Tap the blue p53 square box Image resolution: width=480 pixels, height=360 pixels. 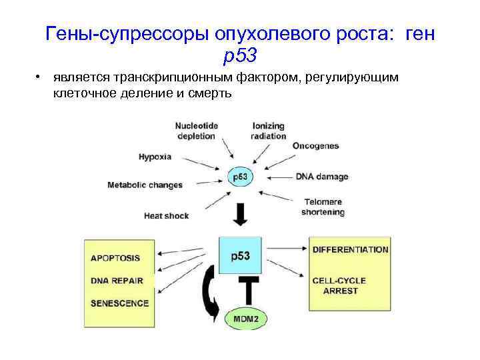[x=240, y=255]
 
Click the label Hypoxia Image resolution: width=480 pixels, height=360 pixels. [x=155, y=157]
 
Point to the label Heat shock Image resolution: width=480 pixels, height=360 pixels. [x=166, y=215]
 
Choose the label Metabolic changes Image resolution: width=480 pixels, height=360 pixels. [x=145, y=185]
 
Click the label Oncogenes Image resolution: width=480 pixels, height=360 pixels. [x=315, y=146]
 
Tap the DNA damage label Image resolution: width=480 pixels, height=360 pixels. [x=322, y=177]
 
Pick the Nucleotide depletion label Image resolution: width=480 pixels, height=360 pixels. [x=196, y=131]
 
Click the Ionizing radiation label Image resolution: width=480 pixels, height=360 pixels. [x=269, y=131]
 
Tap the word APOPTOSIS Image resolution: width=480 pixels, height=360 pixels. [x=115, y=257]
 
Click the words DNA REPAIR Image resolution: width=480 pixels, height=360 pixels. [x=117, y=280]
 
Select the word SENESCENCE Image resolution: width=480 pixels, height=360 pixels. [x=119, y=303]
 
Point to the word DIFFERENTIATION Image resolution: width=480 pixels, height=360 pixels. [x=350, y=249]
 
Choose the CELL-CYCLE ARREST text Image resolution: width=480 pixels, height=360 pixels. [x=339, y=286]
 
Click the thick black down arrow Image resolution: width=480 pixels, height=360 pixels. [x=240, y=213]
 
